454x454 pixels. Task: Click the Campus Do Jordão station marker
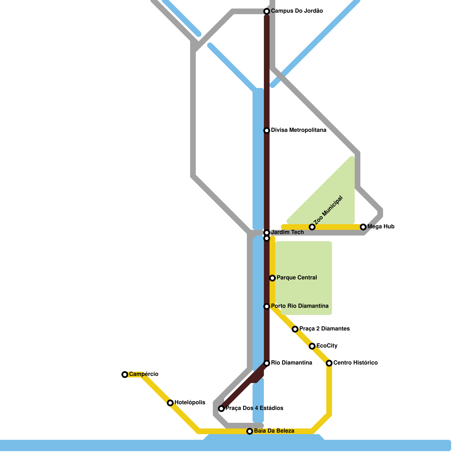click(x=267, y=11)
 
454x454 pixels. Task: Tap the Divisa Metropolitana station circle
click(x=267, y=131)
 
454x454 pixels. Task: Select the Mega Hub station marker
click(x=363, y=227)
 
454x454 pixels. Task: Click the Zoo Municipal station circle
click(x=312, y=227)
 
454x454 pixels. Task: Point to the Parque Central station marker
click(x=272, y=278)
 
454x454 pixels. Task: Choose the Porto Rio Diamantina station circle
click(x=267, y=306)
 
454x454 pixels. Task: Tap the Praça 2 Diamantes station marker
click(x=295, y=329)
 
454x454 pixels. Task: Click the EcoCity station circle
click(x=312, y=346)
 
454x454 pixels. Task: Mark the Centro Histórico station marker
click(x=329, y=363)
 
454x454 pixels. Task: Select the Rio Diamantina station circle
click(x=267, y=363)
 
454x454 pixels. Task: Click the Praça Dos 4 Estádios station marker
click(x=221, y=409)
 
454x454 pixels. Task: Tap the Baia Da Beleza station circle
click(x=250, y=431)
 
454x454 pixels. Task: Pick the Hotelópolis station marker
click(x=170, y=403)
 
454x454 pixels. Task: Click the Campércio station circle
click(x=125, y=375)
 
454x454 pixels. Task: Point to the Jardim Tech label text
click(x=287, y=232)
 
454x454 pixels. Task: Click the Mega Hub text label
click(x=381, y=227)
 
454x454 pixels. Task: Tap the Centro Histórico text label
click(x=355, y=363)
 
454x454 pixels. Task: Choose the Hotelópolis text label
click(x=190, y=403)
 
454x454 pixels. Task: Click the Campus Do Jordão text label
click(x=297, y=11)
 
